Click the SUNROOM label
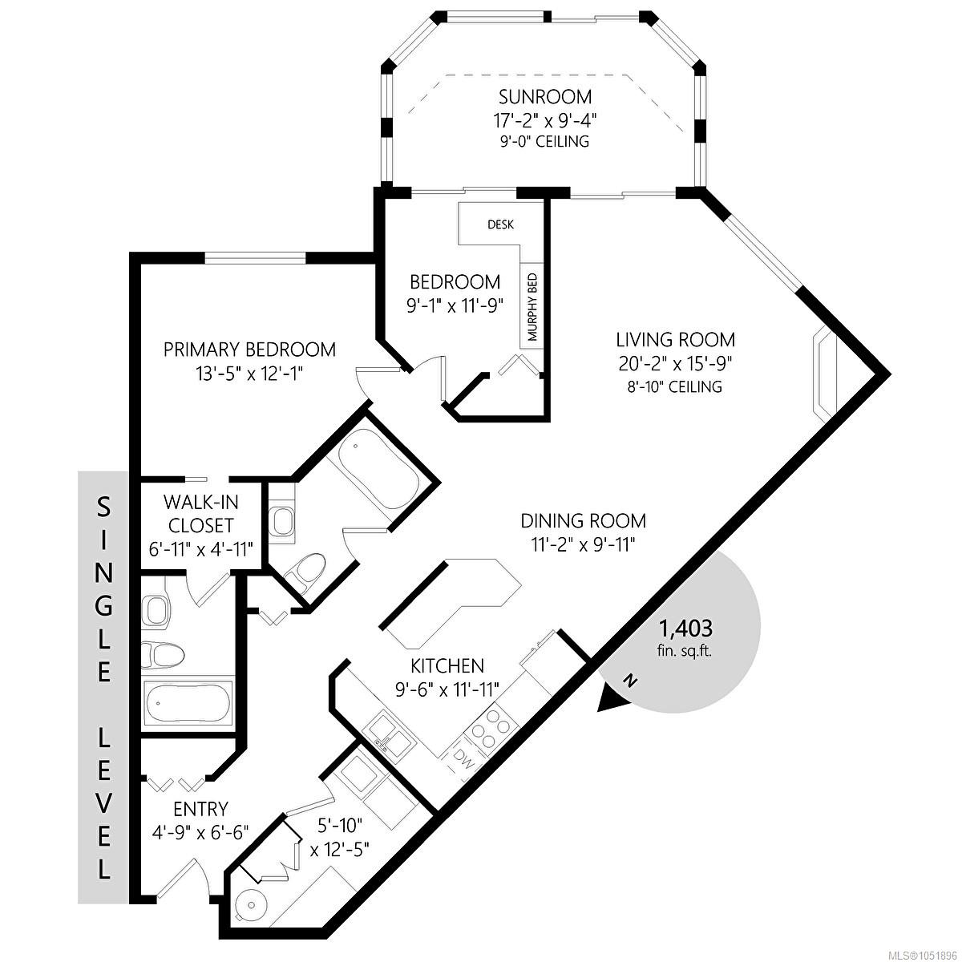(545, 96)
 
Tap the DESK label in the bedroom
(500, 224)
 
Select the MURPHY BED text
(532, 306)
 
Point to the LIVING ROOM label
(675, 340)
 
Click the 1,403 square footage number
(686, 628)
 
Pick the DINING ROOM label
(583, 521)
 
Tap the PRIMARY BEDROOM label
(249, 350)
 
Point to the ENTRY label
(200, 809)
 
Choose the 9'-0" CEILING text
(544, 142)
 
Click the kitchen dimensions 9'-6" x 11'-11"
(447, 690)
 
